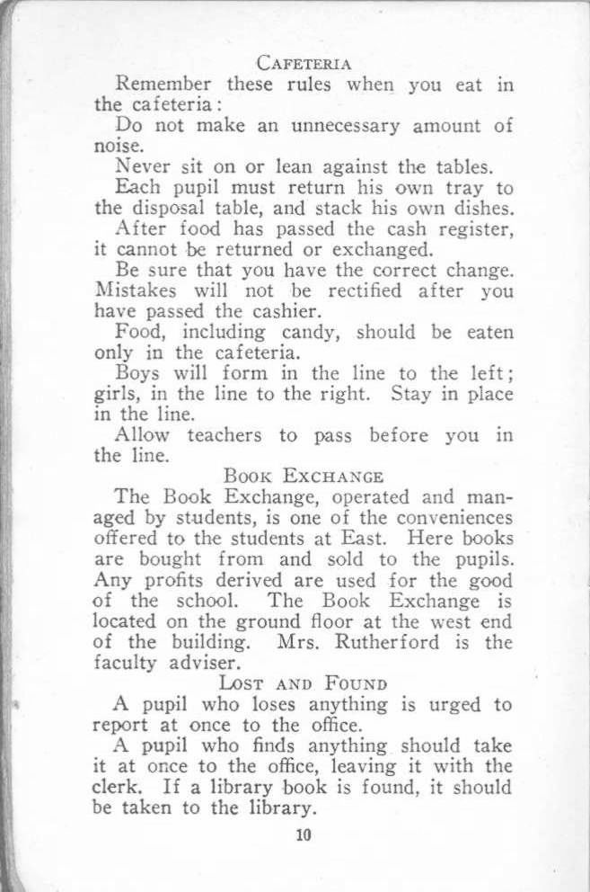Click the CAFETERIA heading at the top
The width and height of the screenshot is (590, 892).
click(x=303, y=64)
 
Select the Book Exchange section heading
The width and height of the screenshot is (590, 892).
click(x=304, y=476)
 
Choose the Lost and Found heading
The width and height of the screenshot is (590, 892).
click(x=303, y=684)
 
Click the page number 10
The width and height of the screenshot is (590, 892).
click(x=302, y=835)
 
